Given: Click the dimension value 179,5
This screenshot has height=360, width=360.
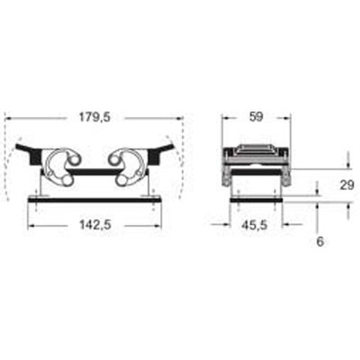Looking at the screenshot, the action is (x=94, y=117).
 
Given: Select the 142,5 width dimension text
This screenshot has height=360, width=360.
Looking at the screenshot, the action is (x=94, y=225).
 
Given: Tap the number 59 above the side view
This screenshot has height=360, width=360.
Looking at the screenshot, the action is (x=256, y=117).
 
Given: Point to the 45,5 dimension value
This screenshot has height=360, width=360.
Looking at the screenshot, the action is (x=255, y=225).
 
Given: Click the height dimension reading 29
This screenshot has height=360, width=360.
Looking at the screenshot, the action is (x=346, y=185).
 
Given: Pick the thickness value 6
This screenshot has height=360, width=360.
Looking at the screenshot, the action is (x=320, y=242).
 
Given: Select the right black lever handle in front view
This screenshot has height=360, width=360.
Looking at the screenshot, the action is (x=160, y=154).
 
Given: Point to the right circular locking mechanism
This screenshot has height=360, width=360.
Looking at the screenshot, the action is (x=127, y=166).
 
